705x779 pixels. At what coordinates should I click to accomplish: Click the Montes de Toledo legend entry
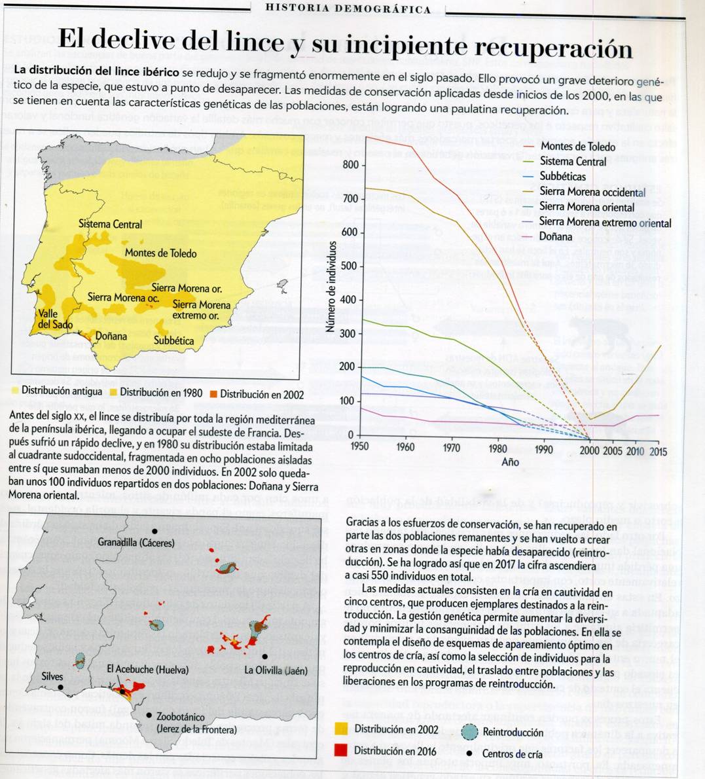coord(577,147)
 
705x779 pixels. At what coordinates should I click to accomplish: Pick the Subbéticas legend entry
coord(562,176)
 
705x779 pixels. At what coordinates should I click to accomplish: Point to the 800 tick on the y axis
coord(351,164)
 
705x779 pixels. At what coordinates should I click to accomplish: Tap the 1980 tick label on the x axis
coord(498,448)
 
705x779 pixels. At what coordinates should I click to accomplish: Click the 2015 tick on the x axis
coord(659,451)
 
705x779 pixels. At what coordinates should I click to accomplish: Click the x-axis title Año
coord(510,462)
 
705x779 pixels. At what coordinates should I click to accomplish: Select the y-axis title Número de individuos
coord(332,285)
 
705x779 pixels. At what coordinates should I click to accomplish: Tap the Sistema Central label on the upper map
coord(110,224)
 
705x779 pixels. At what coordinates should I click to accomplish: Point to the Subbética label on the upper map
coord(173,340)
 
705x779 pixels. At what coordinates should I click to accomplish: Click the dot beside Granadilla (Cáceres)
coord(154,531)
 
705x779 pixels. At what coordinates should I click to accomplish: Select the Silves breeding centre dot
coord(60,687)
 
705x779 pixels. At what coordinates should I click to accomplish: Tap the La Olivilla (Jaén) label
coord(276,670)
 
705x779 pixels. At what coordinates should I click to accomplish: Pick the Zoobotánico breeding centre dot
coord(149,716)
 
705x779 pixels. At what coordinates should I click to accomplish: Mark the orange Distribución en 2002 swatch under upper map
coord(213,393)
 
